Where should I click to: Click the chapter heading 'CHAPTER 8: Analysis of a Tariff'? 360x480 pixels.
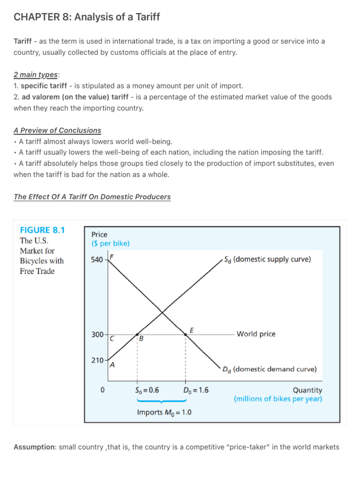coord(87,17)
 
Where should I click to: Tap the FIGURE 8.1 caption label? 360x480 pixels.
coord(42,230)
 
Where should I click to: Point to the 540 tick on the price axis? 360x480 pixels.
coord(97,259)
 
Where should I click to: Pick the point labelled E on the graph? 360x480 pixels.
coord(186,334)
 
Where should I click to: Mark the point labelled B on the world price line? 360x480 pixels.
coord(137,334)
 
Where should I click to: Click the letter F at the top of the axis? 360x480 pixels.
coord(112,257)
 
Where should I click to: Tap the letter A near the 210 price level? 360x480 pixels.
coord(112,366)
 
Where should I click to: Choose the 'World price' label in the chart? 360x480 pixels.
coord(256,334)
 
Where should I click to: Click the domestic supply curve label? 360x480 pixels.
coord(267,259)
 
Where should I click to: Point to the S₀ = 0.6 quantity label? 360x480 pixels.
coord(147,390)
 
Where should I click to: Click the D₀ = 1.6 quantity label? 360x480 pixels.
coord(196,390)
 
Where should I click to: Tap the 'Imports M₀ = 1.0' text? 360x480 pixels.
coord(164,412)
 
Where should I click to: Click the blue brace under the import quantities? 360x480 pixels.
coord(162,401)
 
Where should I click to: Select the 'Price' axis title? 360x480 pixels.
coord(99,234)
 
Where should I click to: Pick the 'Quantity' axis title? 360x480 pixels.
coord(307,390)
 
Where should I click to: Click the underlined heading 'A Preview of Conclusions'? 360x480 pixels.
coord(57,130)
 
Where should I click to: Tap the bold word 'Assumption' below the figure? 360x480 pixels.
coord(34,447)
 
